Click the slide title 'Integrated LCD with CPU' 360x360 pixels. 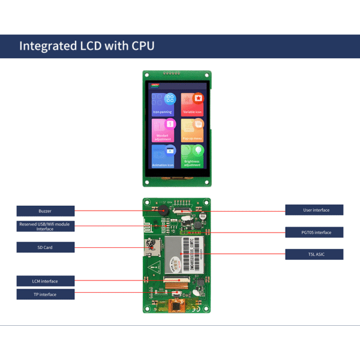pyautogui.click(x=87, y=46)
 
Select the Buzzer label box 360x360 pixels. pyautogui.click(x=46, y=211)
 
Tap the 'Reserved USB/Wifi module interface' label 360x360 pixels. pyautogui.click(x=46, y=226)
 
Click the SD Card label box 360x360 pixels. pyautogui.click(x=46, y=247)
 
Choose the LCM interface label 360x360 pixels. pyautogui.click(x=46, y=281)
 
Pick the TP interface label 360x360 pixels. pyautogui.click(x=46, y=295)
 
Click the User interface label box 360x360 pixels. pyautogui.click(x=314, y=210)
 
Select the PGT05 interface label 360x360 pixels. pyautogui.click(x=314, y=232)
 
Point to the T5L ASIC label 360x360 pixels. pyautogui.click(x=314, y=254)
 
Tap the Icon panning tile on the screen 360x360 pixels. pyautogui.click(x=163, y=104)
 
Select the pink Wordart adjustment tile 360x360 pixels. pyautogui.click(x=163, y=130)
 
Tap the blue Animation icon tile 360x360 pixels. pyautogui.click(x=163, y=157)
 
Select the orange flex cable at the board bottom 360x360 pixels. pyautogui.click(x=176, y=305)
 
